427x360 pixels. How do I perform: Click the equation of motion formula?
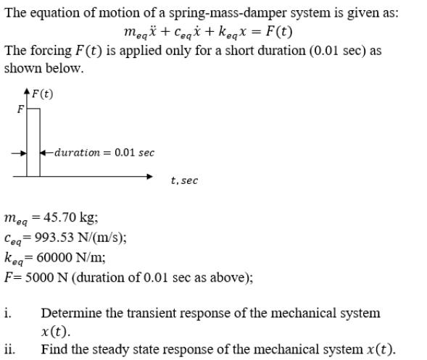(208, 33)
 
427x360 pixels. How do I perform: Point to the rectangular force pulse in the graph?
(33, 142)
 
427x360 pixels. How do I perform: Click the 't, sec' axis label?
(184, 180)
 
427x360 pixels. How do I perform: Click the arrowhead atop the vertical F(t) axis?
(27, 92)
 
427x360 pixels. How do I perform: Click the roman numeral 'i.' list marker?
(7, 313)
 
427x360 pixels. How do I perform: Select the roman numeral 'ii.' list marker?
(9, 349)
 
